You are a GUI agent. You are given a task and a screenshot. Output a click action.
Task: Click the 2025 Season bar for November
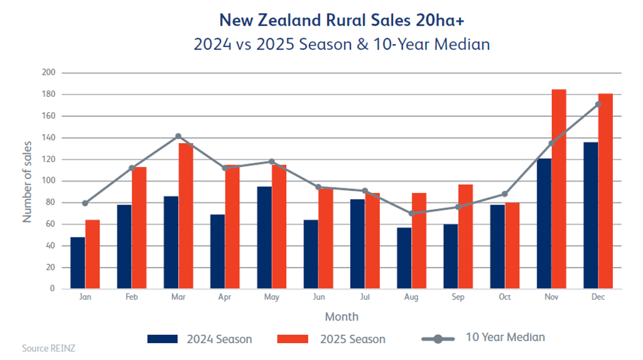tap(559, 188)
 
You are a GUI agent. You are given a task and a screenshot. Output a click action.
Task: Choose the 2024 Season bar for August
tap(404, 258)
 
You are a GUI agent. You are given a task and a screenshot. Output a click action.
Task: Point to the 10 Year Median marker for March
tap(178, 136)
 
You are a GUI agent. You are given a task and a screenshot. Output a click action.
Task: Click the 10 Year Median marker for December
tap(598, 104)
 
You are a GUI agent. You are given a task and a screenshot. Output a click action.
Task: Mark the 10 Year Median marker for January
tap(85, 203)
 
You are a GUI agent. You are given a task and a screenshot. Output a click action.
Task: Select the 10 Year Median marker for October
tap(505, 194)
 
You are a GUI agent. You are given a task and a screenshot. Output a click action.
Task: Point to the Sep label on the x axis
tap(458, 297)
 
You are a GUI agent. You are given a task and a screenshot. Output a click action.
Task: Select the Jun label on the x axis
tap(318, 297)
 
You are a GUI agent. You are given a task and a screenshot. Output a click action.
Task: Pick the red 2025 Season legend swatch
tap(293, 339)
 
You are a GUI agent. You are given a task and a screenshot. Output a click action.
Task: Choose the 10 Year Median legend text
tap(505, 337)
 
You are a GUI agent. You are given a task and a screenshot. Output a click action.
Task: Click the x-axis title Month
tap(342, 316)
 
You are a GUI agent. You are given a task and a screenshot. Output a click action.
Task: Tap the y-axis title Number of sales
tap(28, 182)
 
